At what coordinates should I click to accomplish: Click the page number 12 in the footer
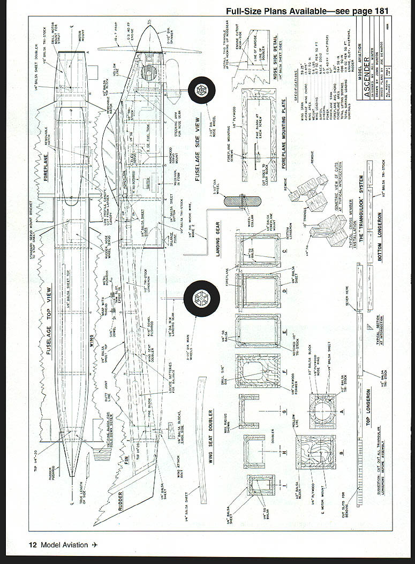pyautogui.click(x=33, y=545)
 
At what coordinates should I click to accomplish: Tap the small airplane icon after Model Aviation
pyautogui.click(x=95, y=545)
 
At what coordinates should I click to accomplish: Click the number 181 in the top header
pyautogui.click(x=378, y=11)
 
